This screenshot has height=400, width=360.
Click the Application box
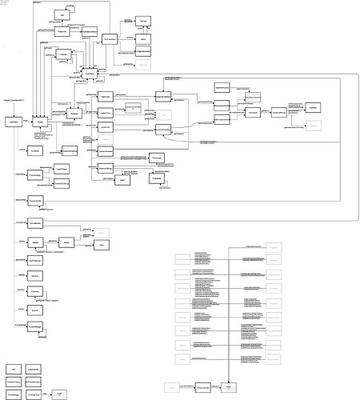pos(13,121)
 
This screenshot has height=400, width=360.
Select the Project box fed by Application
pos(40,121)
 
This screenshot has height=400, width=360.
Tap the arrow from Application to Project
pos(26,121)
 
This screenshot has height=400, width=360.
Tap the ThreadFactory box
pos(14,381)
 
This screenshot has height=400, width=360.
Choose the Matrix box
pos(143,38)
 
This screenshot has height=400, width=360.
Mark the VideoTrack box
pos(106,96)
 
